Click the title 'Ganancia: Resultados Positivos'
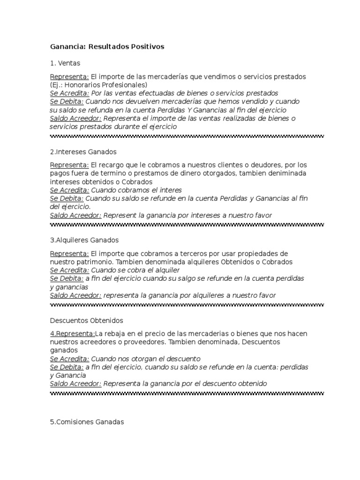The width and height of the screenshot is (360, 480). point(107,47)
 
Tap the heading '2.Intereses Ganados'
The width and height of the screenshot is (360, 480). point(83,152)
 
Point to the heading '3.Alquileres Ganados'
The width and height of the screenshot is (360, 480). point(84,240)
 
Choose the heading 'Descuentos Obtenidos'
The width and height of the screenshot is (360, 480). point(86,321)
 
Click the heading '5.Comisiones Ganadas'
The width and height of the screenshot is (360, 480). point(87,422)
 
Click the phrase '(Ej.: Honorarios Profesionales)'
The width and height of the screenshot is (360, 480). point(98,84)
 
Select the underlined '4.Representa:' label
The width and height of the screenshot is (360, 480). point(72,333)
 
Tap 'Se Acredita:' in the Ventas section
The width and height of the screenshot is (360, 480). point(69,93)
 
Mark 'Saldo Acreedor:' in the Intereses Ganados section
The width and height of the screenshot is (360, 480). point(75,215)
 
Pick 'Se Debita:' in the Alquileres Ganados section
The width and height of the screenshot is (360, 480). point(67,278)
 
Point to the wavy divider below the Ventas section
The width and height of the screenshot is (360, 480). point(187,136)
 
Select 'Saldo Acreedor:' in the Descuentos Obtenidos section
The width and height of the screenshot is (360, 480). point(75,383)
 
